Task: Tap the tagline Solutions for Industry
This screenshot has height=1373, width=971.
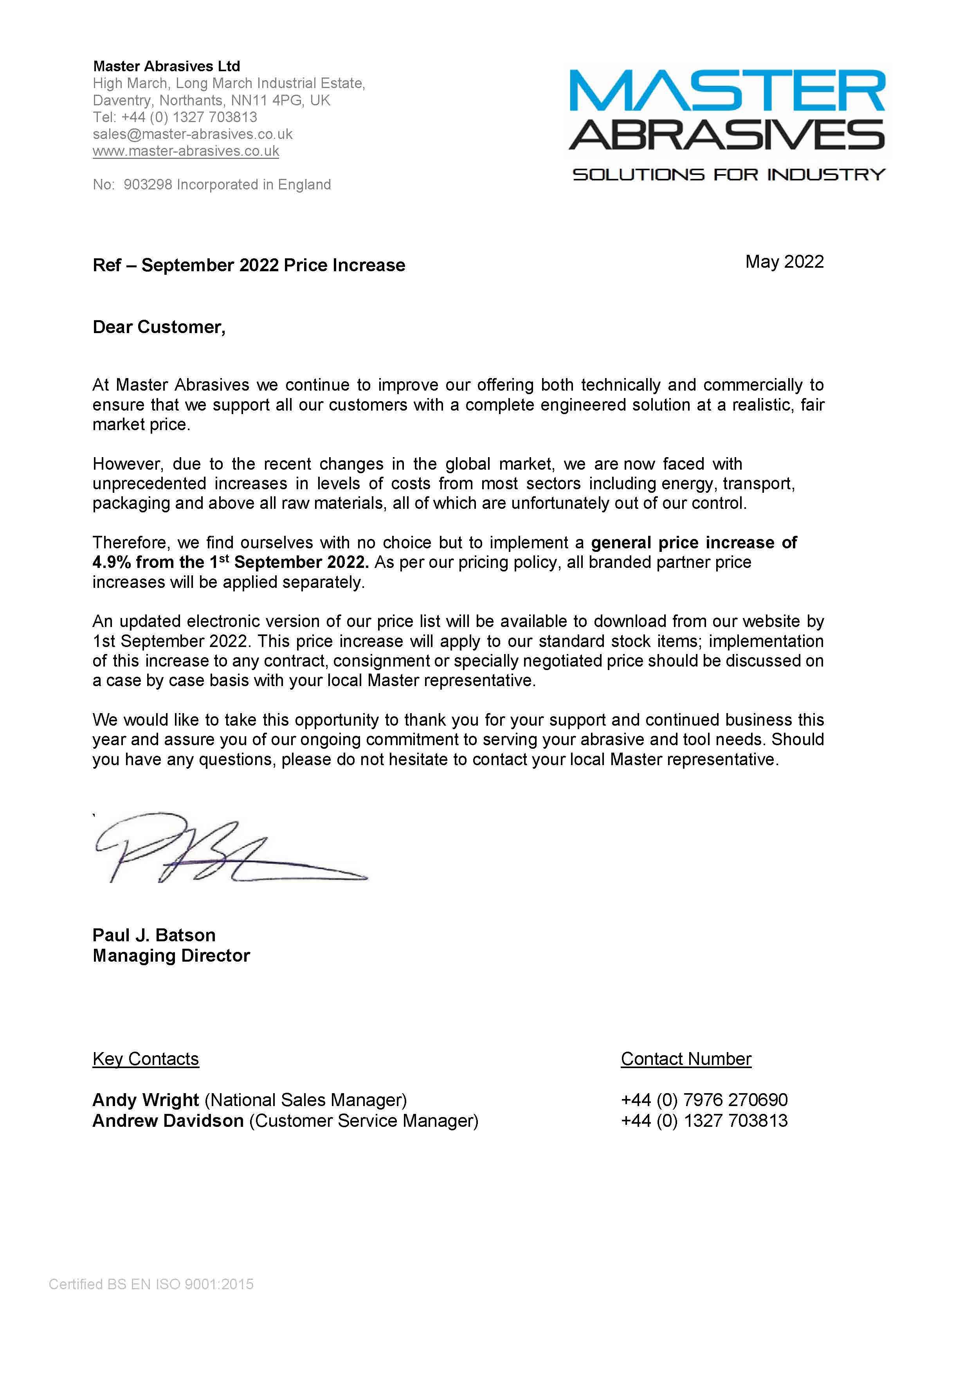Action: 728,175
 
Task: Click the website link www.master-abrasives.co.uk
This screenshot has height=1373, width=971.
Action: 186,151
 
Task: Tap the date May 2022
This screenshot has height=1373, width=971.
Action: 784,262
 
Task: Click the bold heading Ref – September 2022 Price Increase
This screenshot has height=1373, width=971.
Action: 249,265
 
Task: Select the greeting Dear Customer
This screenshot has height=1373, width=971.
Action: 159,327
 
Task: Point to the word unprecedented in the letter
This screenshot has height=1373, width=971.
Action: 149,484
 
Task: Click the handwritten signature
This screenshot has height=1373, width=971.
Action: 227,849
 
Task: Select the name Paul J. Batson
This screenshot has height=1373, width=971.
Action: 154,935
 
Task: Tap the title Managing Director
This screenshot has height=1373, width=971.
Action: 171,956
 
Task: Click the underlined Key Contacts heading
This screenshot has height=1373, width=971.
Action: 145,1059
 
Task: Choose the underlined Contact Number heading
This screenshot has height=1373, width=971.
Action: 686,1059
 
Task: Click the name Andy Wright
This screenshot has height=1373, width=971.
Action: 145,1100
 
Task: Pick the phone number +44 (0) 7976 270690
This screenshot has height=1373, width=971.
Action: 704,1100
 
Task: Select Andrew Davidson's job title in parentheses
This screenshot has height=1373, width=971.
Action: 364,1121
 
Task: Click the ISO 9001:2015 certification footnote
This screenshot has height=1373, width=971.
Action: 151,1285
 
